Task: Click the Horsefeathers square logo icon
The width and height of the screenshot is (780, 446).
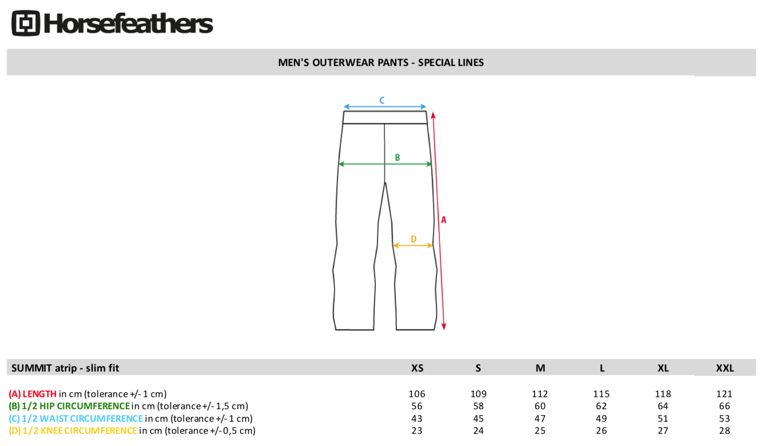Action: coord(26,23)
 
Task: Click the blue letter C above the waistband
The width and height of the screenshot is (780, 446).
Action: coord(382,100)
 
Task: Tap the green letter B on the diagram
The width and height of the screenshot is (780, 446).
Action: coord(397,157)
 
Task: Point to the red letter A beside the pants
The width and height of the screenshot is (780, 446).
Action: coord(444,220)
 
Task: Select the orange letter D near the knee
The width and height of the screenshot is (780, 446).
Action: coord(414,239)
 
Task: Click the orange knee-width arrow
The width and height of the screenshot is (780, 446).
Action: coord(413,246)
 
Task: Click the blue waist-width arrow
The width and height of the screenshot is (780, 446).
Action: coord(385,107)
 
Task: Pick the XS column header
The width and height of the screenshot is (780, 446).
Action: coord(417,368)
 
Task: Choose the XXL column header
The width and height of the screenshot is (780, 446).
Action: coord(725,368)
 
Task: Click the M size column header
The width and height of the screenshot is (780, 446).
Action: coord(540,368)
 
